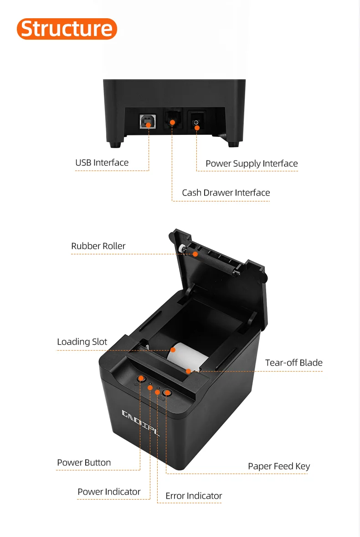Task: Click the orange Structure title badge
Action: pos(67,29)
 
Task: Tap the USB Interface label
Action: pos(102,163)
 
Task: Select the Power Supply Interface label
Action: pos(252,164)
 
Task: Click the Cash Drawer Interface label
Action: pos(226,193)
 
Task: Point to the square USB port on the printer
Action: pos(148,122)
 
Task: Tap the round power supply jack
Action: pos(196,122)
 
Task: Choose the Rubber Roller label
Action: pos(98,246)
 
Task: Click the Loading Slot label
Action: pos(82,342)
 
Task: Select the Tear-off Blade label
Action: pos(293,363)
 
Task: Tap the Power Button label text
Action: pos(84,463)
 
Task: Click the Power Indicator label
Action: pos(109,492)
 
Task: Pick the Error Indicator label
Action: pos(194,496)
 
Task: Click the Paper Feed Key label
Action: pos(279,466)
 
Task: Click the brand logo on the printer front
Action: pos(141,422)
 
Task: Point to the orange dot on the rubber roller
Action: pos(195,254)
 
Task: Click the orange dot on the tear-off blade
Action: pos(188,371)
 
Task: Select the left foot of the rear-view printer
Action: pos(115,144)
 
